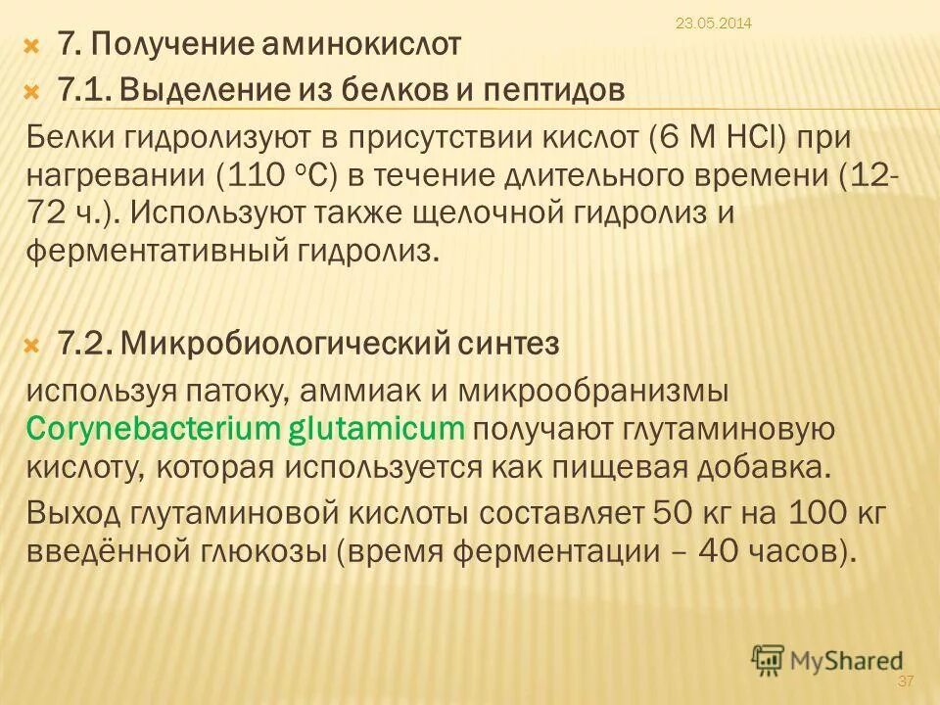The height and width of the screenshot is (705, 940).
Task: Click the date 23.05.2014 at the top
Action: [x=713, y=23]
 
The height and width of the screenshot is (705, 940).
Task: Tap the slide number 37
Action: [x=905, y=681]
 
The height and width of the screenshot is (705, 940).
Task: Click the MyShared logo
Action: [x=827, y=661]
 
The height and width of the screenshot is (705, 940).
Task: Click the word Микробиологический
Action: [x=295, y=344]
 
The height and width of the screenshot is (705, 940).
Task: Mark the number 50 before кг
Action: [x=658, y=512]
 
